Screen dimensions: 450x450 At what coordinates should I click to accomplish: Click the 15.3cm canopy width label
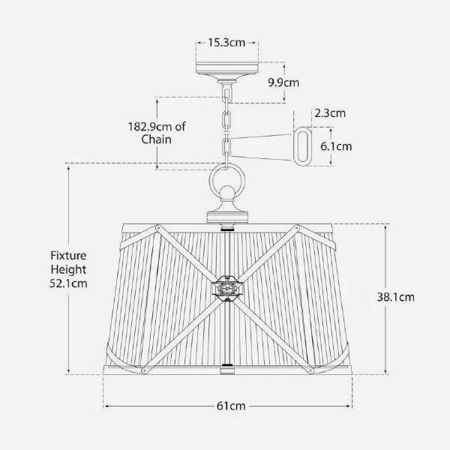pos(226,43)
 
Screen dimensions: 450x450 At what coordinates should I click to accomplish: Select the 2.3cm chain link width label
pos(329,114)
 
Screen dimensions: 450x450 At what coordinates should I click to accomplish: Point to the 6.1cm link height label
pos(335,146)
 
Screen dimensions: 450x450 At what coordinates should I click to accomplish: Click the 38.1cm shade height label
pos(395,296)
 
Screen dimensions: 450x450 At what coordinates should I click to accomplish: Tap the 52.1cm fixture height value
pos(69,283)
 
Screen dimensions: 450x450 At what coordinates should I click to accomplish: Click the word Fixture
pos(69,255)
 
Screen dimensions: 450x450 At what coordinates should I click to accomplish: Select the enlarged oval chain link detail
pos(304,145)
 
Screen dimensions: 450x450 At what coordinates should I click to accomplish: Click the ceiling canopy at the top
pos(226,70)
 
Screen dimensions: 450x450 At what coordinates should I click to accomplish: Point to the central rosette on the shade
pos(226,288)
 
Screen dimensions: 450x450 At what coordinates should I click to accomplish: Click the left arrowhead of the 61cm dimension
pos(105,406)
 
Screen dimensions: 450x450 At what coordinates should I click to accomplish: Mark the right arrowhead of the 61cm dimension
pos(350,406)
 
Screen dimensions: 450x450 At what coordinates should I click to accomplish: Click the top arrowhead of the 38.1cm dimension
pos(388,225)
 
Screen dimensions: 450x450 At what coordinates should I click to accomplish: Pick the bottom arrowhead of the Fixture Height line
pos(69,372)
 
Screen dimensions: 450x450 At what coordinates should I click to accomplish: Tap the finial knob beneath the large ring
pos(226,205)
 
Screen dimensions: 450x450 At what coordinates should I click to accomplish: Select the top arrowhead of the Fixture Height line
pos(69,165)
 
